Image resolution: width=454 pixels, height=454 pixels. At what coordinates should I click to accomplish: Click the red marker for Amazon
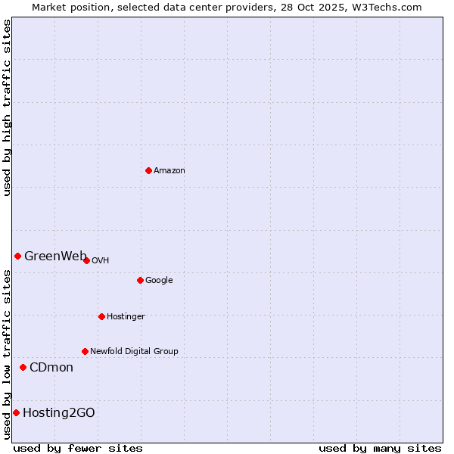(148, 170)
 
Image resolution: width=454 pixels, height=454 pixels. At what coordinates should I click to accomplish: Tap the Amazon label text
(169, 171)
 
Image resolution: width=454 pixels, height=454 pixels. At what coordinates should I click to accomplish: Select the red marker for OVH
(86, 260)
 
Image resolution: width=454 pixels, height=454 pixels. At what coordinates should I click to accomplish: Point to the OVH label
(101, 261)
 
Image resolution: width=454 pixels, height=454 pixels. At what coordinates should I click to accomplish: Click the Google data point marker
(140, 280)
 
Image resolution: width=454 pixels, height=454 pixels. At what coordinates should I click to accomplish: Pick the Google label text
(159, 281)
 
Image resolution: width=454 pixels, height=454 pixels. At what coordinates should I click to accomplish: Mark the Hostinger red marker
(101, 316)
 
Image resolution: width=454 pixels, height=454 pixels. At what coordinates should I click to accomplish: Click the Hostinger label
(126, 317)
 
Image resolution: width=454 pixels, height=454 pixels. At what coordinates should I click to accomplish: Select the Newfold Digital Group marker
(85, 351)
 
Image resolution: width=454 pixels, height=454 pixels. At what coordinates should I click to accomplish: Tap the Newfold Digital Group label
(134, 352)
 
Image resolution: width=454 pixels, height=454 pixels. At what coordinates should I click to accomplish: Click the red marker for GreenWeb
(17, 256)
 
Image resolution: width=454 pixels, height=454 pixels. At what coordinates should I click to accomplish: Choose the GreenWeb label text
(55, 256)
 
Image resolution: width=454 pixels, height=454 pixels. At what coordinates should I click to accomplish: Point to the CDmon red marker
(23, 367)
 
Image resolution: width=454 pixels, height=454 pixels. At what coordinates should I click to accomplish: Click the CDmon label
(51, 368)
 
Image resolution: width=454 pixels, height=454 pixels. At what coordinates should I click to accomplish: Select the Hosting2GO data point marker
(16, 412)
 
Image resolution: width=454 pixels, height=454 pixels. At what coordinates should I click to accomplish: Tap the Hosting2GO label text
(59, 413)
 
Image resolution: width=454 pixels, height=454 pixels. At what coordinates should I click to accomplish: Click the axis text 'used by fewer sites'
(78, 448)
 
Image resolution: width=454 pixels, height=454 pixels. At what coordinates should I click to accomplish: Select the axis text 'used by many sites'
(380, 448)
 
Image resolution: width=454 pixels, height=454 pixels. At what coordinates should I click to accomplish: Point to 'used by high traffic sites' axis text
(7, 107)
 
